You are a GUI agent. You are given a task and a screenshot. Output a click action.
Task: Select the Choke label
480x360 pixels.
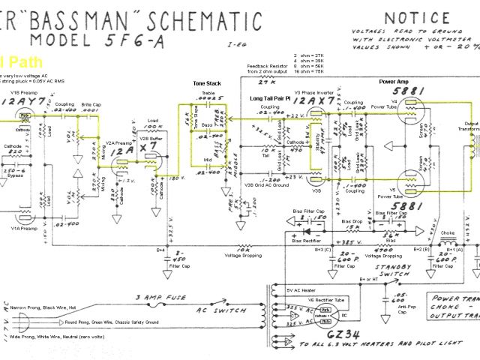point(447,232)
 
